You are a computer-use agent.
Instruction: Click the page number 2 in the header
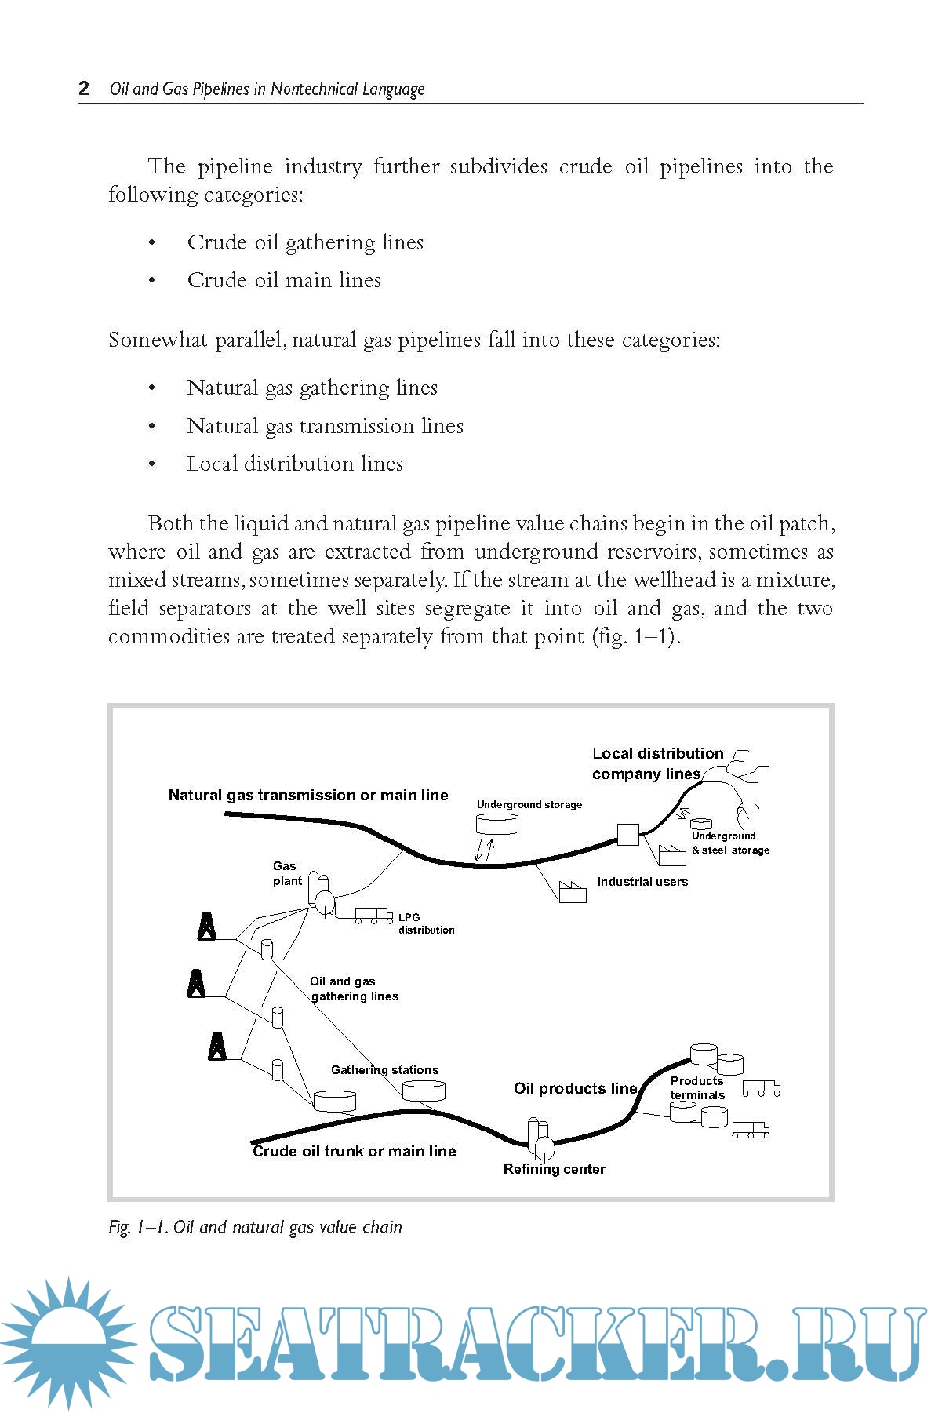[84, 88]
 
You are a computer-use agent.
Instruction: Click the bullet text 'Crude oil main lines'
[284, 280]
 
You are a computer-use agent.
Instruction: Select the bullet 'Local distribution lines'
[295, 464]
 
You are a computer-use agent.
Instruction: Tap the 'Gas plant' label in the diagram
[286, 873]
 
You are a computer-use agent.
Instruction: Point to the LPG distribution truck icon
[373, 915]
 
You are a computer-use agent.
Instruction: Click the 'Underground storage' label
[529, 804]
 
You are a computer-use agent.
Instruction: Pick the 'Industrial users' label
[642, 882]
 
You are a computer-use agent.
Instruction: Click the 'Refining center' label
[554, 1169]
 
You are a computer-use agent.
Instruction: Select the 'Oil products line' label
[576, 1088]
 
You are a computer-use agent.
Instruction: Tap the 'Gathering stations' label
[384, 1070]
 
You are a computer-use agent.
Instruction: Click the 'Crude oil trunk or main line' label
[355, 1151]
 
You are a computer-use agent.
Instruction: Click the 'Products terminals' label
[697, 1088]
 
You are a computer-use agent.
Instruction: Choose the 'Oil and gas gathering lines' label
[354, 989]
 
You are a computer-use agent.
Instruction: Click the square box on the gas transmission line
[627, 834]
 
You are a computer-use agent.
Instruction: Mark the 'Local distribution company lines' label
[657, 763]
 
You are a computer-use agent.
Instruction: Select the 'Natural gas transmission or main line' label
[308, 795]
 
